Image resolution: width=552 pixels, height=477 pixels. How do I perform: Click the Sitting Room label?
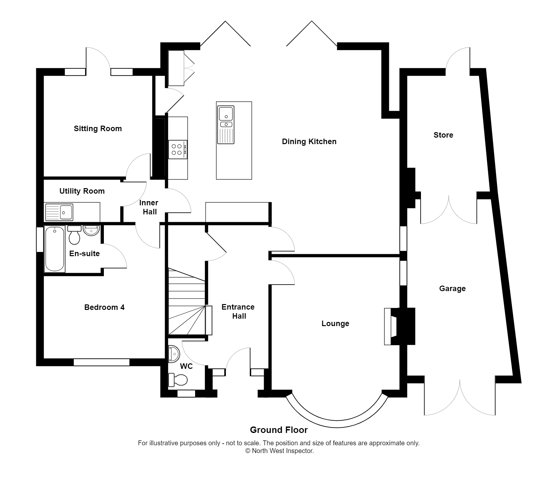[98, 129]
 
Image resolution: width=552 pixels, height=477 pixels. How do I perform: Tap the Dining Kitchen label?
[309, 142]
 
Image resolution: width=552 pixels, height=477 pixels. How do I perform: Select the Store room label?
[443, 135]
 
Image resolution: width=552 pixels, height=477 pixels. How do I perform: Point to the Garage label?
[452, 289]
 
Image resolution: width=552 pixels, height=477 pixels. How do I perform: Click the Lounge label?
[335, 324]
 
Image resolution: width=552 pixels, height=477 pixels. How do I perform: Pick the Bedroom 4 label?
[104, 307]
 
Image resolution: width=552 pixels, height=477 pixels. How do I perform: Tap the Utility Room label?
[82, 191]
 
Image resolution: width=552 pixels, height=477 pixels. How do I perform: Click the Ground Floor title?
[279, 430]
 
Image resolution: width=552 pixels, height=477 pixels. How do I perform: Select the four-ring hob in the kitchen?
[177, 149]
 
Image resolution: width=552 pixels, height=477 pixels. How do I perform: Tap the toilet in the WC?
[178, 380]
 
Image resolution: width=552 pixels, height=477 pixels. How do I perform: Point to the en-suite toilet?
[74, 235]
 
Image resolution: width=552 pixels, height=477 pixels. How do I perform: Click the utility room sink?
[60, 212]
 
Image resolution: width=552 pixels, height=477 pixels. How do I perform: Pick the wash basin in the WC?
[174, 354]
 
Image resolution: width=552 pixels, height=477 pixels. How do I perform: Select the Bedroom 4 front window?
[102, 362]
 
